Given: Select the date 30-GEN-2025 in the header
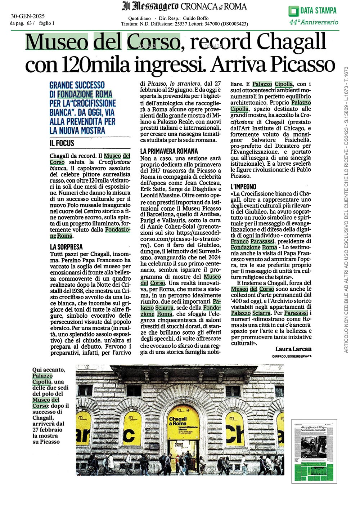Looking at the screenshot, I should [x=28, y=16].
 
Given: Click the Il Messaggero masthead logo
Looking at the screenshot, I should [x=150, y=6].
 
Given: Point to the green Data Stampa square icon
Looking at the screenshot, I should [x=293, y=11].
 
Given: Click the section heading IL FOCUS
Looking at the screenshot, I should [x=62, y=143].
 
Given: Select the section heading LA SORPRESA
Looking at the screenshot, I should [x=66, y=247].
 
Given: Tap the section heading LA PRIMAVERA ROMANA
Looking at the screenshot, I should [x=169, y=151].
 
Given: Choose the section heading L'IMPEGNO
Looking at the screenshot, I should [x=243, y=187].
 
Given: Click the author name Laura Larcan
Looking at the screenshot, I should [x=293, y=349].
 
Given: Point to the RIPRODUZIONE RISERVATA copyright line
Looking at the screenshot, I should [x=292, y=356].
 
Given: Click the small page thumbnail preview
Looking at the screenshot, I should [x=314, y=451].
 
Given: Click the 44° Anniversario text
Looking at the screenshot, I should [x=314, y=22].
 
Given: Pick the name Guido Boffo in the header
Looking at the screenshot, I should [x=195, y=18].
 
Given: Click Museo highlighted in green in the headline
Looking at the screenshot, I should [x=56, y=42].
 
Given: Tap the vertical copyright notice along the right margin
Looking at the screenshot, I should [x=346, y=209].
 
